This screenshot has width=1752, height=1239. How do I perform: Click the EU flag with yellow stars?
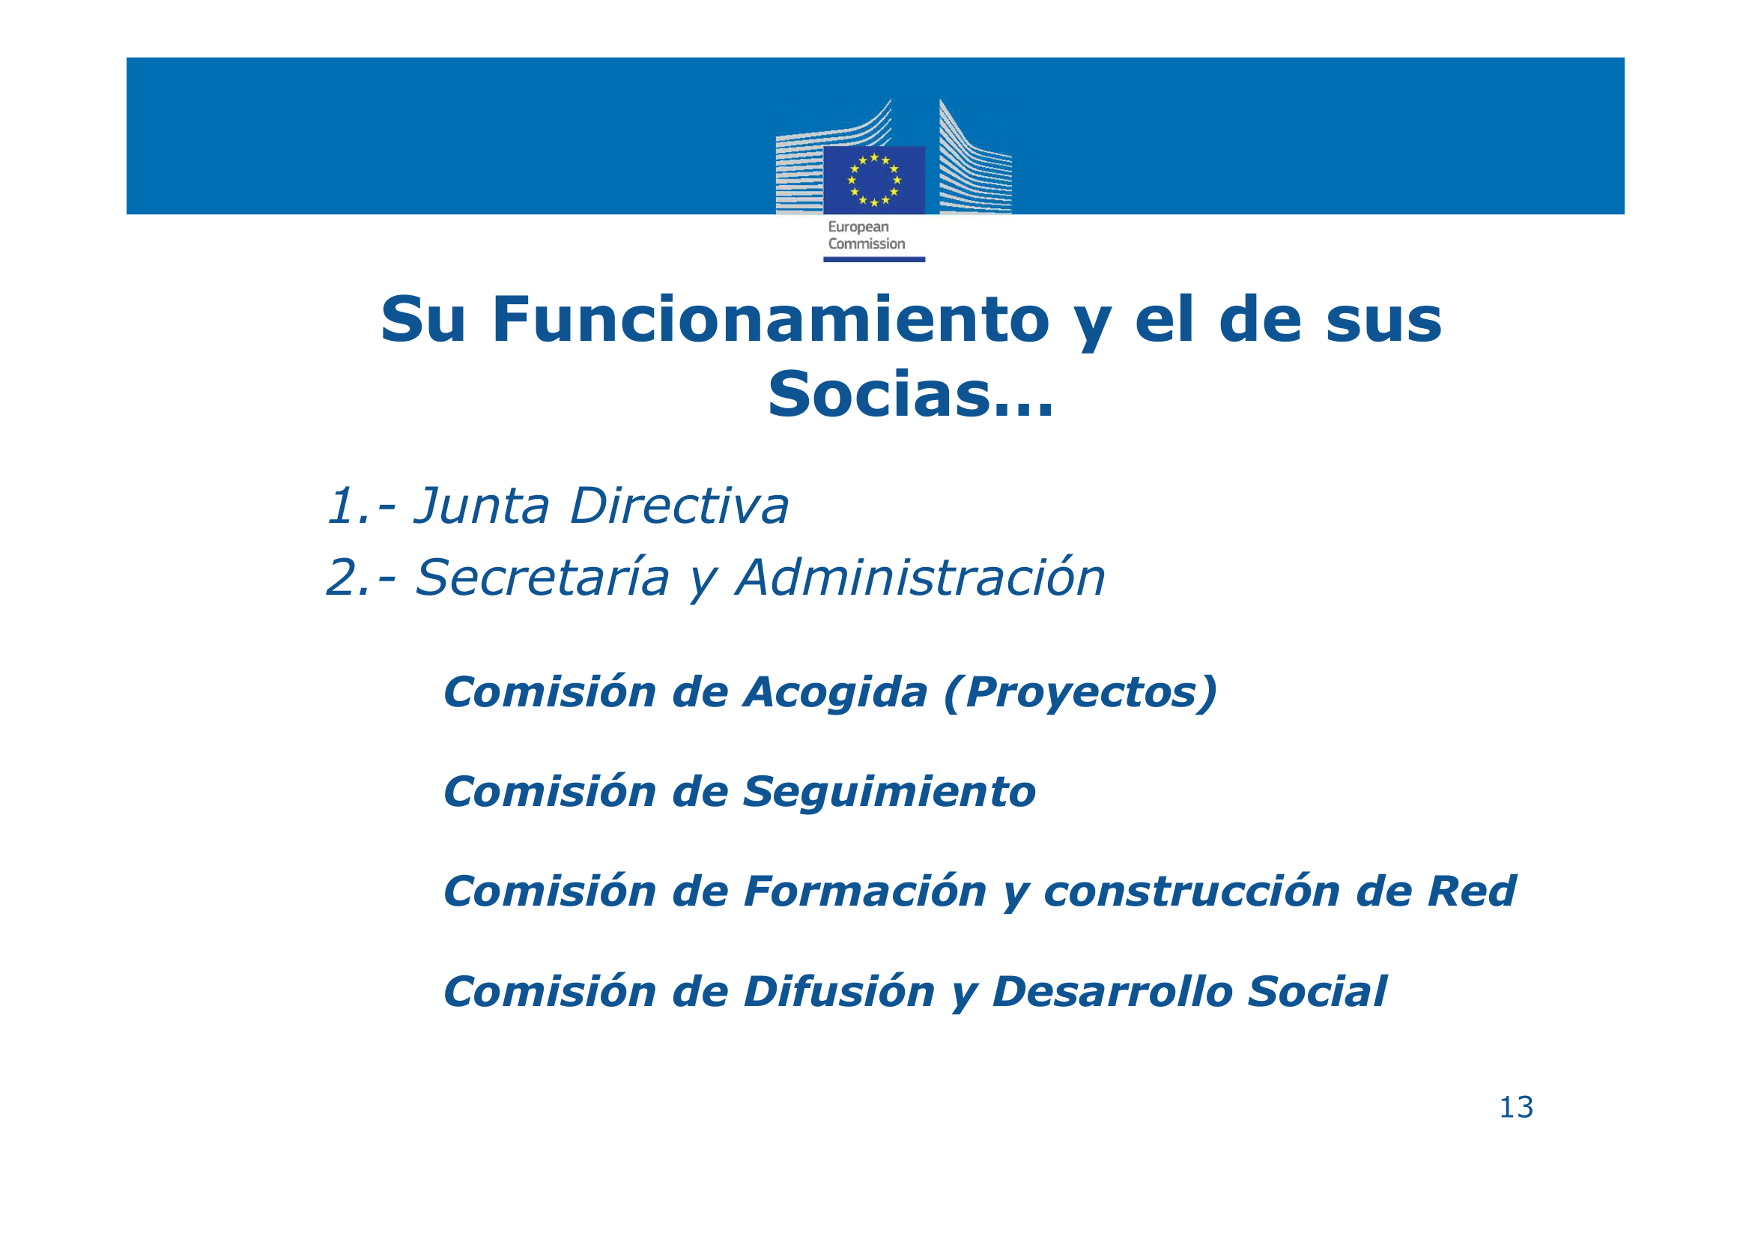(x=873, y=180)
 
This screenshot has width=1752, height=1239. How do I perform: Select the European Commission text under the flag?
(x=866, y=235)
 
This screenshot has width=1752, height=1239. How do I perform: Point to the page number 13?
(x=1516, y=1107)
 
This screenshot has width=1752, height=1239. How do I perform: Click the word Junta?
(x=482, y=506)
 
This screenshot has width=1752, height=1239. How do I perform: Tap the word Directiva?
(x=680, y=506)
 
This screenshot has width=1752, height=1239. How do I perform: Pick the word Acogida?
(x=836, y=694)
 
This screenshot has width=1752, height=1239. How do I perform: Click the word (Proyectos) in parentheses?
(x=1081, y=694)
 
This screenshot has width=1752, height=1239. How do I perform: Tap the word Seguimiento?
(x=889, y=793)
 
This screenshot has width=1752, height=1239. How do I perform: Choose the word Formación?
(x=865, y=892)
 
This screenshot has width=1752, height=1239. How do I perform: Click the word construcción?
(x=1191, y=892)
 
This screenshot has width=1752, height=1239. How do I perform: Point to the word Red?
(x=1472, y=892)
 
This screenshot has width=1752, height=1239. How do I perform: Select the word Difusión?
(x=840, y=992)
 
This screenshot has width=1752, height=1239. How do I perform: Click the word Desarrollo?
(x=1112, y=992)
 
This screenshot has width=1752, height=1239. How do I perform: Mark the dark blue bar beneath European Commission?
(x=873, y=259)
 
